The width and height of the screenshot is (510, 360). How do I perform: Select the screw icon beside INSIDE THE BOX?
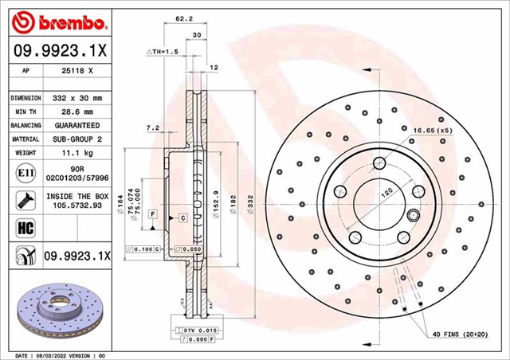pyautogui.click(x=22, y=200)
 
